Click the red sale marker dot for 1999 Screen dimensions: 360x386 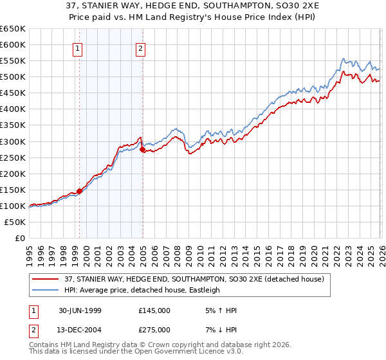coord(80,190)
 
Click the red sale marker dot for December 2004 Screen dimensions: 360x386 coord(142,149)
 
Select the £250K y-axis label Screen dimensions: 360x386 coord(13,157)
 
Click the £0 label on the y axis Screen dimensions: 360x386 coord(18,238)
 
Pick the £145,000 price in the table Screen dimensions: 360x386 coord(154,310)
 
